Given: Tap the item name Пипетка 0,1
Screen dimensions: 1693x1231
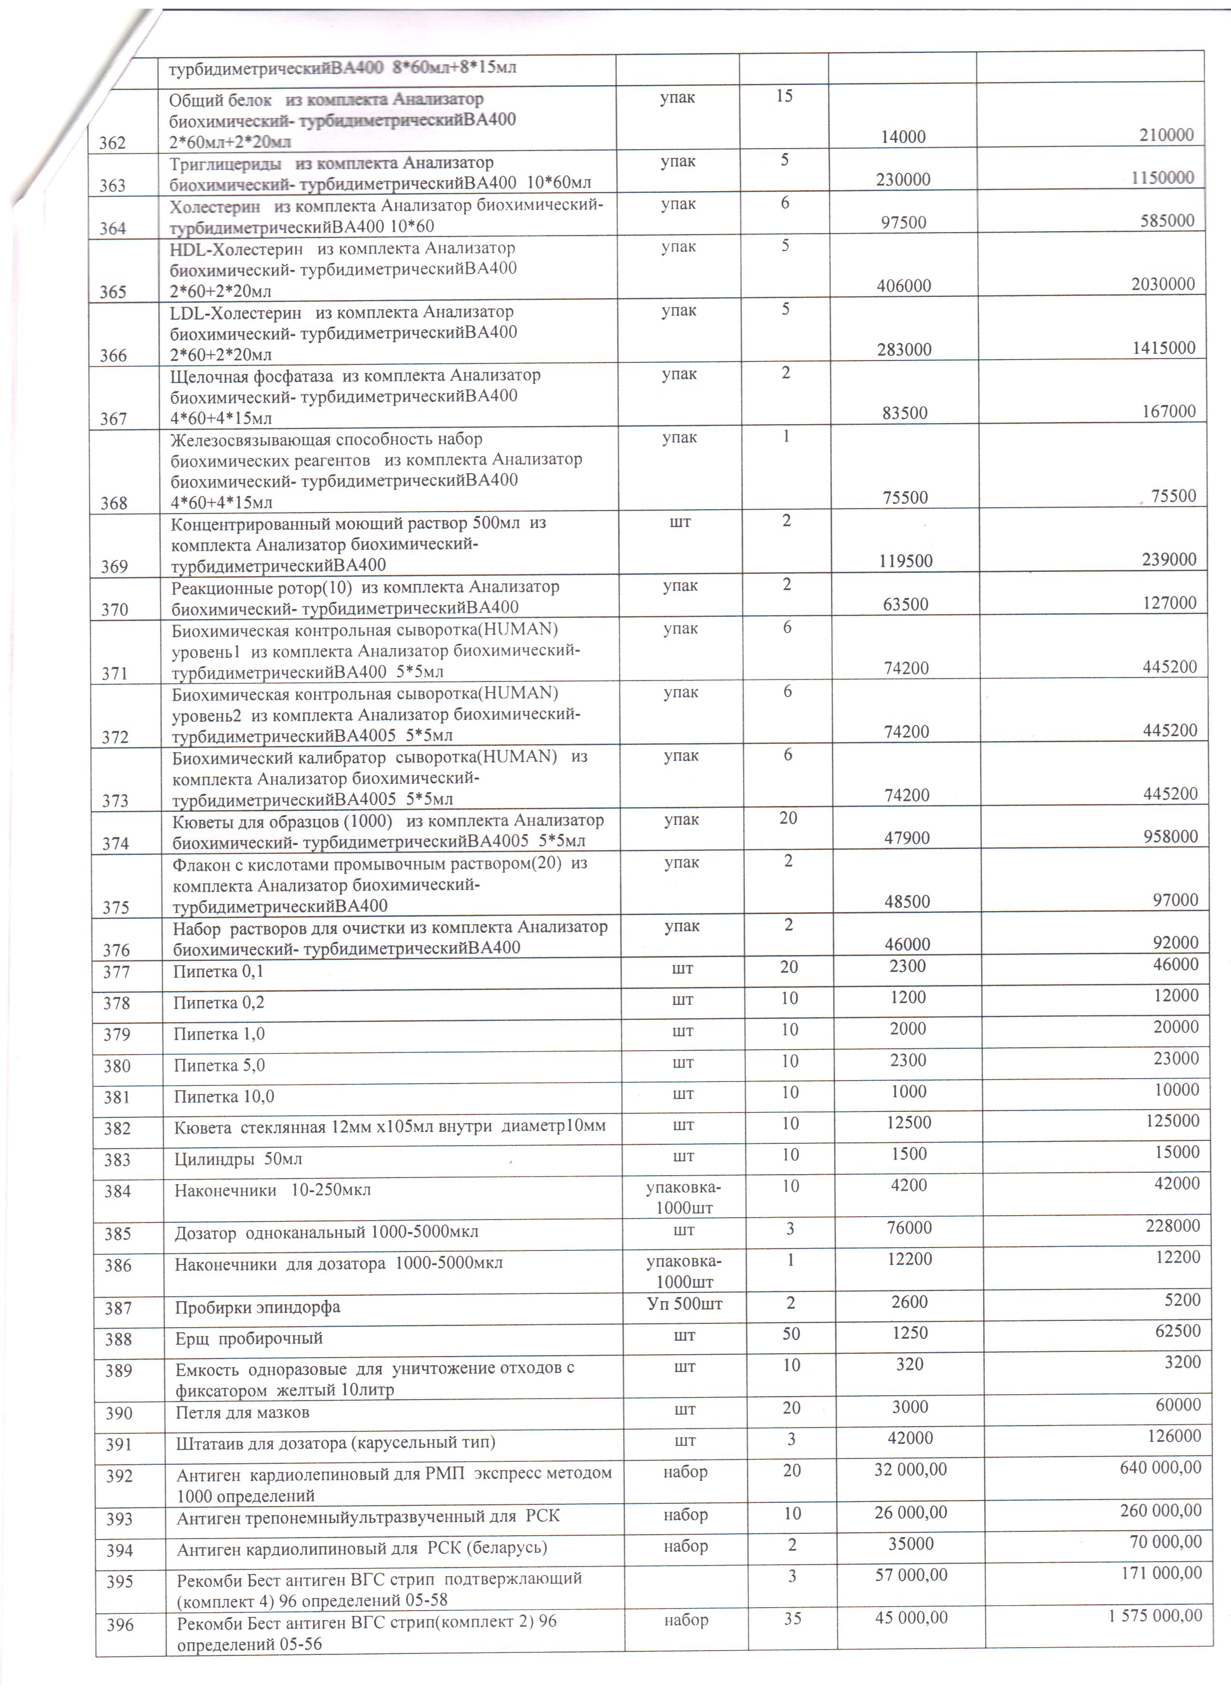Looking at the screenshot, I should coord(218,972).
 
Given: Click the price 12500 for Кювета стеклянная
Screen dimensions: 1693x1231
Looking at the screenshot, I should coord(909,1123).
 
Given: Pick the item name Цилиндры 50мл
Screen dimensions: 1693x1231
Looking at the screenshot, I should coord(238,1159).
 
